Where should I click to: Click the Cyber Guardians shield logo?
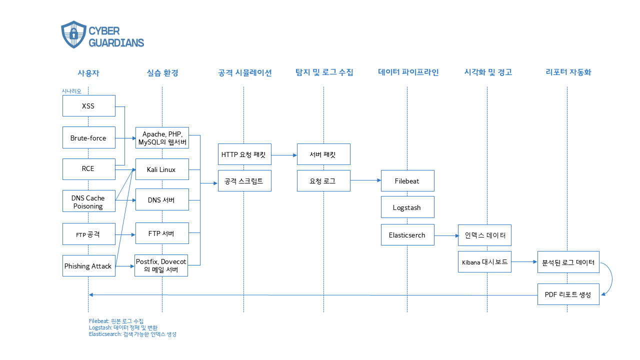[x=73, y=34]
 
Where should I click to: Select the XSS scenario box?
[x=88, y=106]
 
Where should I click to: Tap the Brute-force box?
[x=88, y=137]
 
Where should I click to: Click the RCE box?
[x=88, y=169]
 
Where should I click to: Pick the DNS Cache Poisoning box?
[x=88, y=202]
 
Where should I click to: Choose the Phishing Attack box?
[x=88, y=266]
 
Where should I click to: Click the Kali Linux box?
[x=161, y=169]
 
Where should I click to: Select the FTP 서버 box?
[x=161, y=233]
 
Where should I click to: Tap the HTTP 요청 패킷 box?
[x=244, y=154]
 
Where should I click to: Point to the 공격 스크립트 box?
[x=244, y=180]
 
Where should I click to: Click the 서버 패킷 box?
[x=323, y=154]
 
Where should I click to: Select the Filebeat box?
[x=407, y=180]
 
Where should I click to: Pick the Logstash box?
[x=407, y=207]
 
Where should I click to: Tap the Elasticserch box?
[x=407, y=235]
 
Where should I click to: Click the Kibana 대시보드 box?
[x=484, y=262]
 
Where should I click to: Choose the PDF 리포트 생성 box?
[x=568, y=294]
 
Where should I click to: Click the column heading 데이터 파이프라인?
[x=408, y=72]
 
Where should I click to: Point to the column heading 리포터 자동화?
[x=568, y=72]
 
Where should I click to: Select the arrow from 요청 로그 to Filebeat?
[x=365, y=180]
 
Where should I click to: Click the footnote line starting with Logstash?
[x=122, y=327]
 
